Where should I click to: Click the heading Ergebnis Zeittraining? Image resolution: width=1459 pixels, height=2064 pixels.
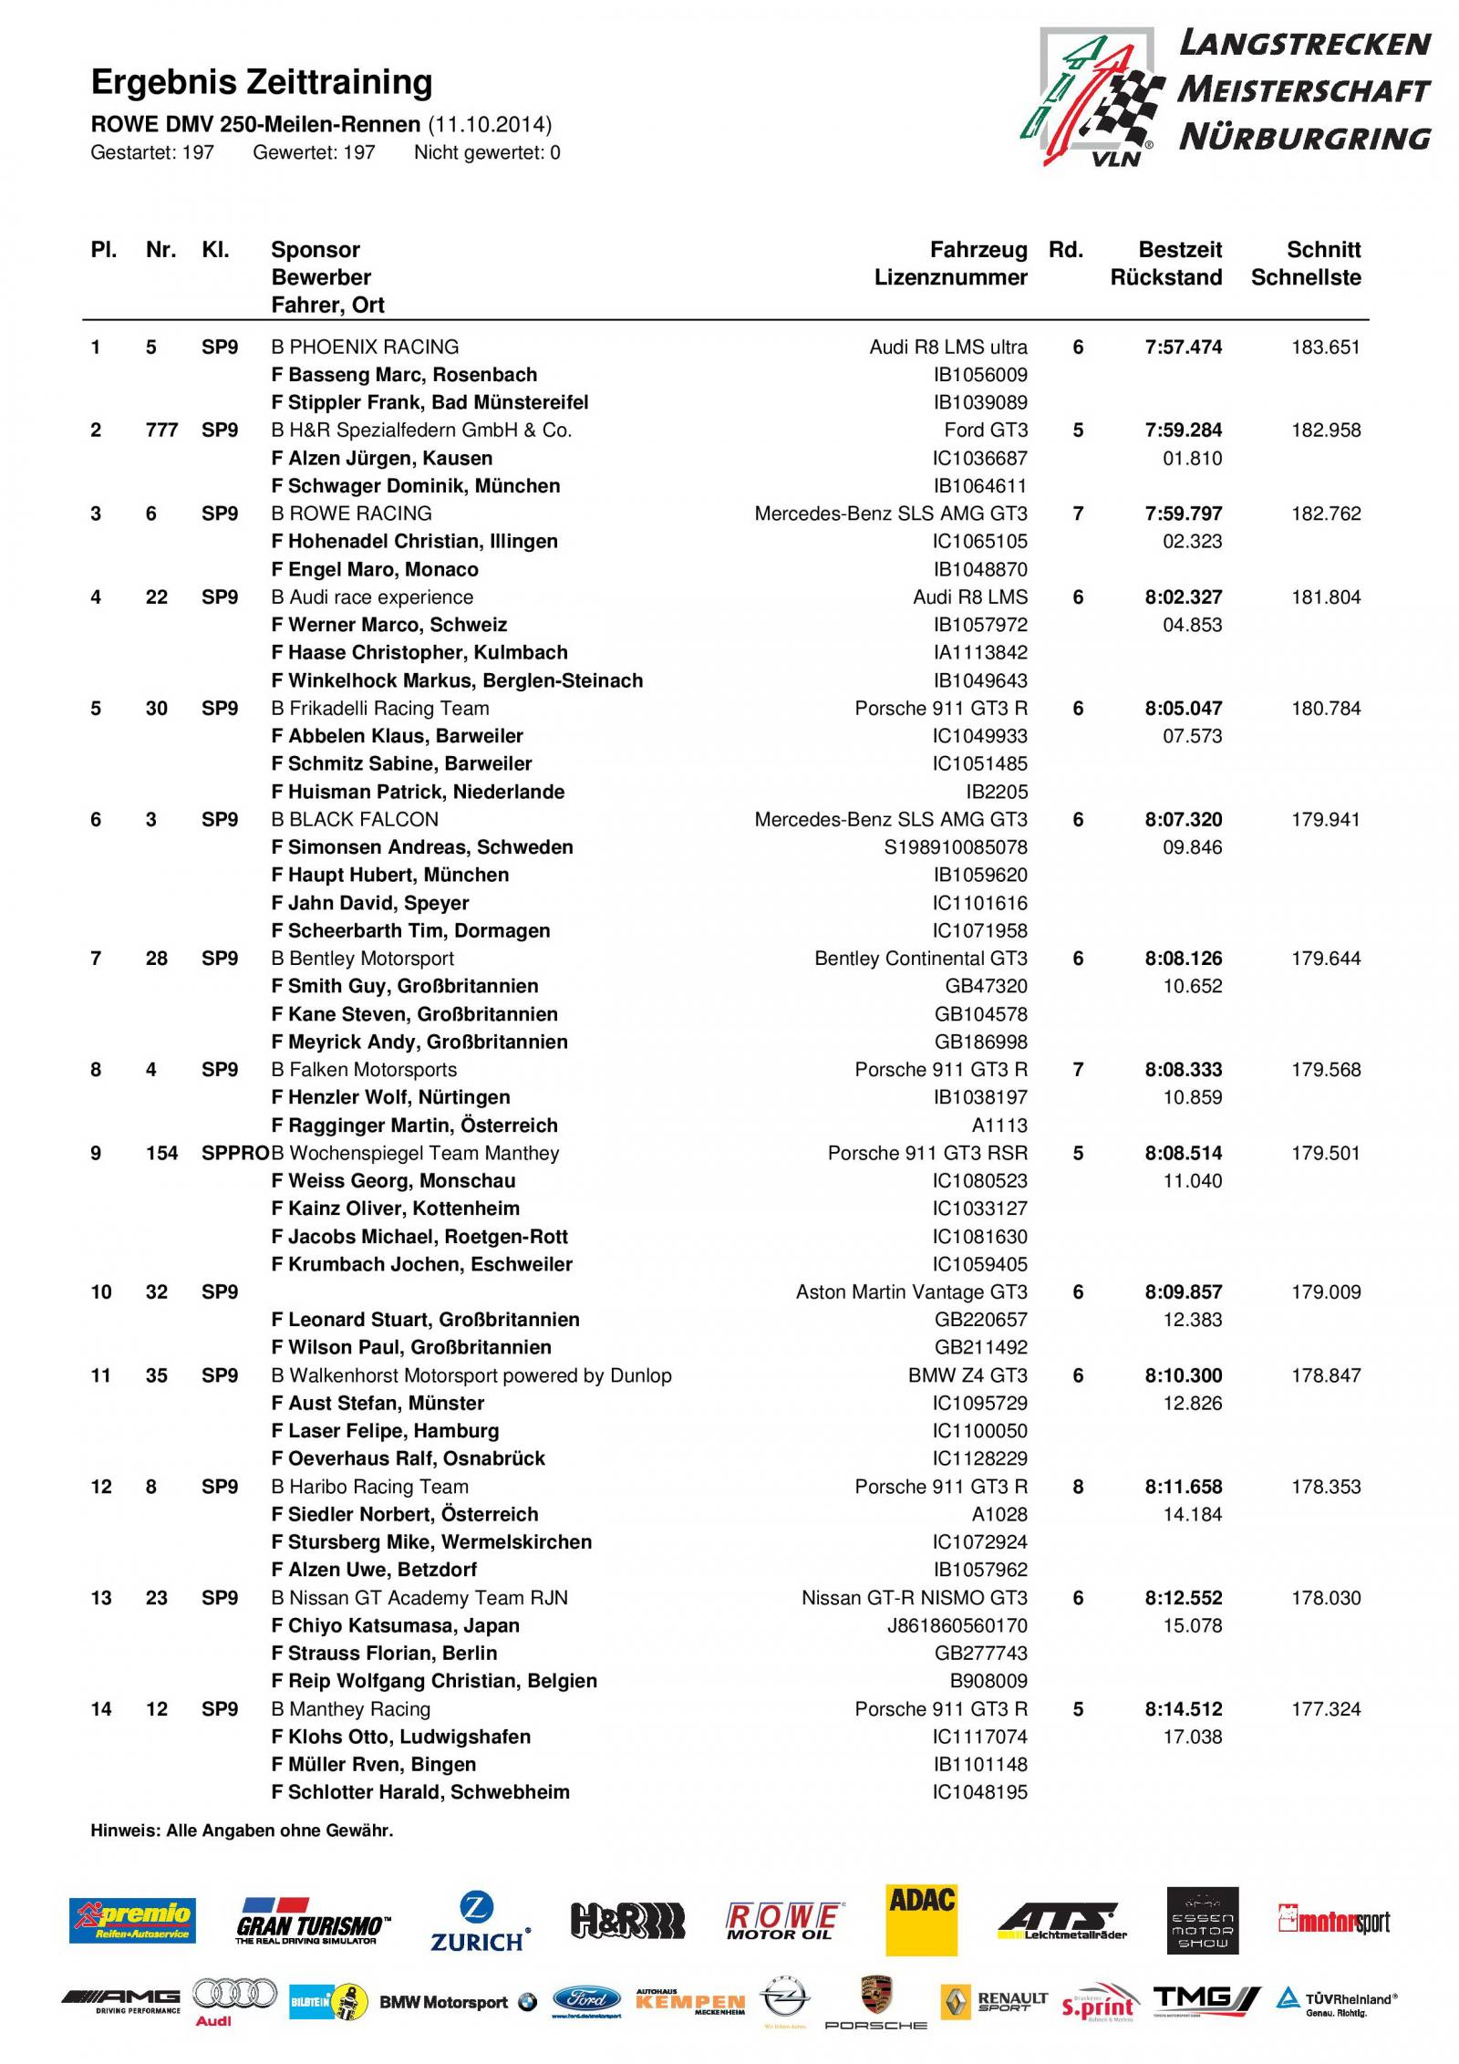tap(262, 83)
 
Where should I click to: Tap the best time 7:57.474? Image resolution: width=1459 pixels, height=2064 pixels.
tap(1183, 347)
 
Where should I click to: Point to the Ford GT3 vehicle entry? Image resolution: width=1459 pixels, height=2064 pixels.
tap(986, 430)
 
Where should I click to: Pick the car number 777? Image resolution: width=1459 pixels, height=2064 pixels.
tap(161, 430)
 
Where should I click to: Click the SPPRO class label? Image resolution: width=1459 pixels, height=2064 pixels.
tap(234, 1154)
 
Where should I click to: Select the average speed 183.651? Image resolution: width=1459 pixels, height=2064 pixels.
tap(1325, 347)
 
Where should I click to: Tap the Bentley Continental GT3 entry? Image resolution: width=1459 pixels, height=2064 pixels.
tap(920, 959)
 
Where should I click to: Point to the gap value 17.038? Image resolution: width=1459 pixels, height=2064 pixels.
tap(1192, 1737)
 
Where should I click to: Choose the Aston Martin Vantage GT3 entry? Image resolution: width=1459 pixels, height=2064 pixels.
tap(911, 1292)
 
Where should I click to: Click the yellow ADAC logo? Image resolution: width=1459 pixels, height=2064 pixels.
tap(921, 1920)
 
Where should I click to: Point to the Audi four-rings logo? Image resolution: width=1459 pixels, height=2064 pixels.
tap(236, 1994)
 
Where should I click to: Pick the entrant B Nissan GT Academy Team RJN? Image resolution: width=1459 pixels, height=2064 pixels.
tap(419, 1598)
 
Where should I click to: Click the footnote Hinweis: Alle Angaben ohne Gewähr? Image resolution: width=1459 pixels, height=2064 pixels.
tap(242, 1831)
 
